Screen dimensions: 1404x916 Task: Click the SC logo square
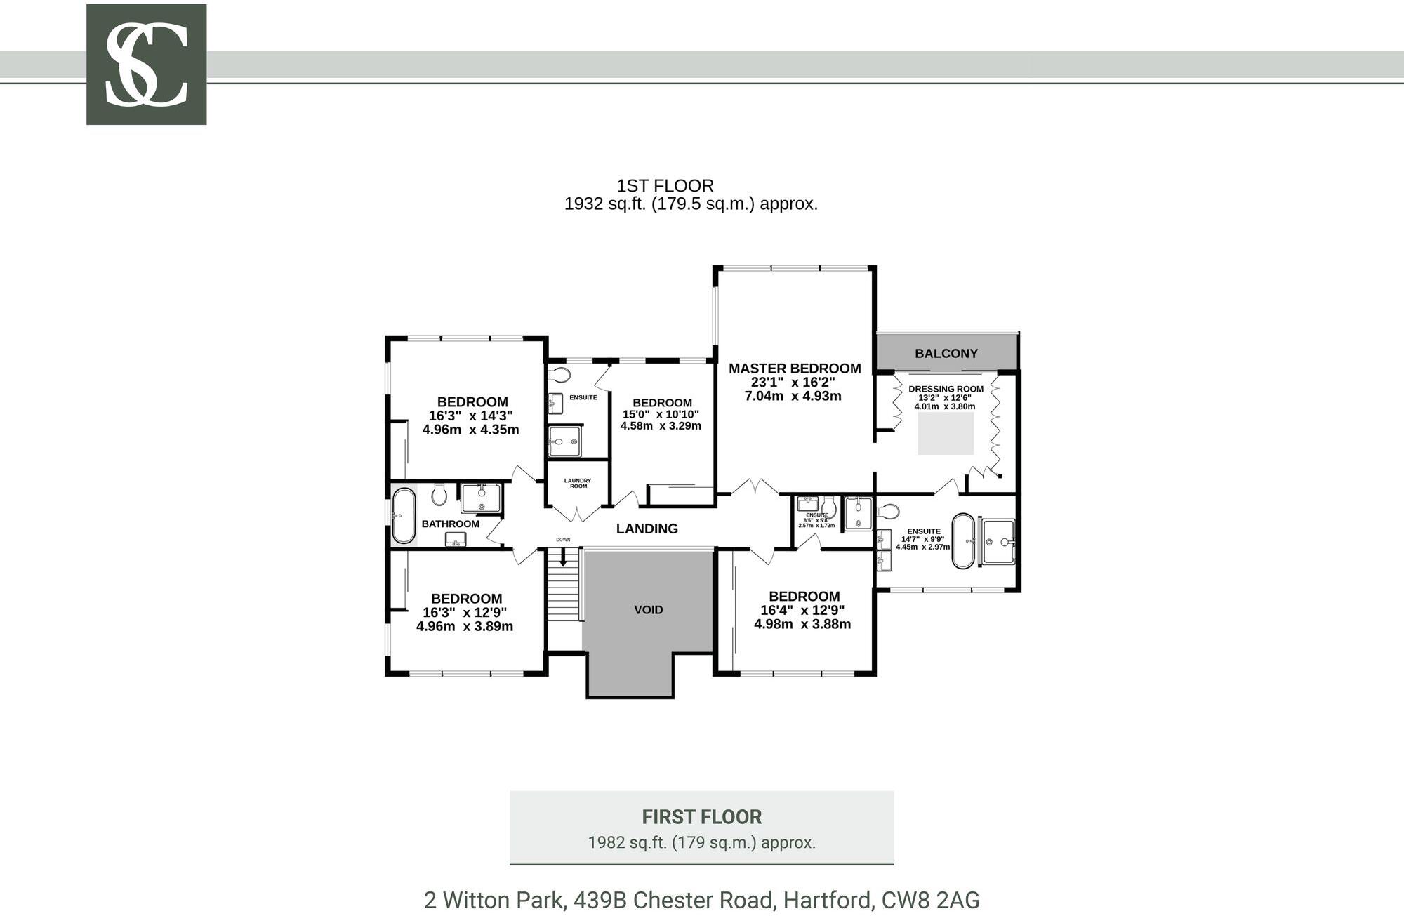click(x=146, y=65)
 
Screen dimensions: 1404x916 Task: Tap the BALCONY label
click(x=946, y=354)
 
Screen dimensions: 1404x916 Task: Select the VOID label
click(x=648, y=610)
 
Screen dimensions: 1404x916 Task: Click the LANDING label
click(x=647, y=529)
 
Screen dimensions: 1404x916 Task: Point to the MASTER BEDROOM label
click(x=794, y=369)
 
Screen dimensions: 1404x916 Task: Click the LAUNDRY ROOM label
click(x=578, y=484)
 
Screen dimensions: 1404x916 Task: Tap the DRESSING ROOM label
click(x=946, y=389)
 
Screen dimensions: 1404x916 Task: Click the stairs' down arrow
click(x=562, y=558)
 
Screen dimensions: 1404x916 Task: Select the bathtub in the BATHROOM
click(x=404, y=516)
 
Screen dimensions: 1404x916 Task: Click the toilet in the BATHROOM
click(x=439, y=494)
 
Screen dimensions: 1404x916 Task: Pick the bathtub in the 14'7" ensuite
click(x=962, y=540)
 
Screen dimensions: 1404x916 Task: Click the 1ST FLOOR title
click(x=665, y=186)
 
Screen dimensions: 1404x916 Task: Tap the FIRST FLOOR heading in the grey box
click(x=701, y=817)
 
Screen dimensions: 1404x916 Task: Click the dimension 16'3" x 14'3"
click(x=471, y=416)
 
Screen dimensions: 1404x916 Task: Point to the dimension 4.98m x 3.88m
click(x=802, y=624)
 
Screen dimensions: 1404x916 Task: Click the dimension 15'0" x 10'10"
click(x=661, y=414)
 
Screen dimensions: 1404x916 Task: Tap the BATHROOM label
click(x=450, y=524)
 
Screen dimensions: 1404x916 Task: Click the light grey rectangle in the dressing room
click(x=946, y=434)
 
